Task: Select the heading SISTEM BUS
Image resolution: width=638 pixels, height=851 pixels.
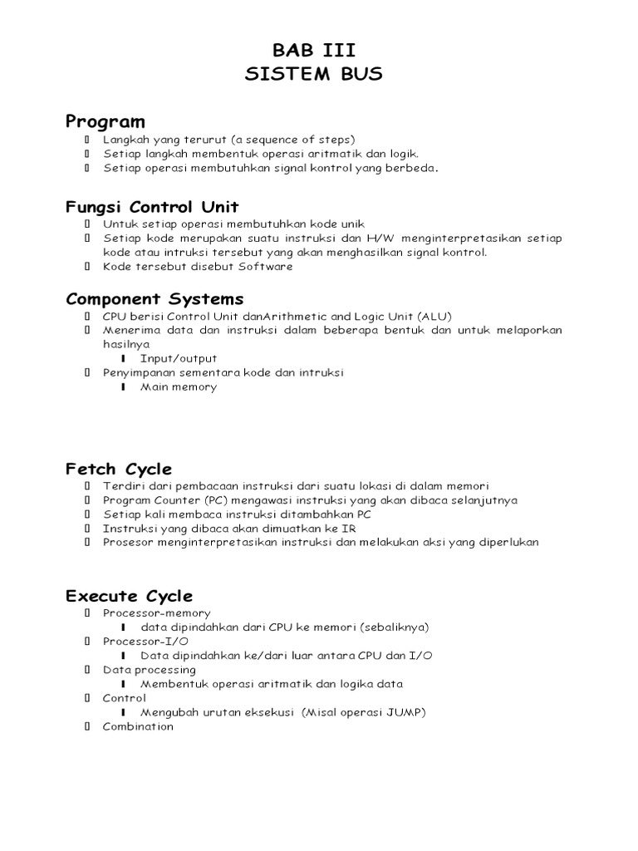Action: tap(314, 74)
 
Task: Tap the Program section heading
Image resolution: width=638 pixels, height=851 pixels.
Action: tap(106, 122)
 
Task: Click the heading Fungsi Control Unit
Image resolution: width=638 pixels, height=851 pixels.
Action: tap(153, 207)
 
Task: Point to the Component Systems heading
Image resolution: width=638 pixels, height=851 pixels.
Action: tap(155, 298)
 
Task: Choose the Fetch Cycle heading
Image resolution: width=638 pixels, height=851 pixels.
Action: tap(119, 469)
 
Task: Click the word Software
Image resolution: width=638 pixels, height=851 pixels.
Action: tap(266, 267)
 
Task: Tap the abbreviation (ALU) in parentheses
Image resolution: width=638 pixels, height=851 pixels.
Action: tap(436, 316)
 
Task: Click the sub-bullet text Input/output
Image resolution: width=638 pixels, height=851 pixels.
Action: tap(179, 358)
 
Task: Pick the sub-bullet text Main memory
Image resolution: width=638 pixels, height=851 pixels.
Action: tap(179, 386)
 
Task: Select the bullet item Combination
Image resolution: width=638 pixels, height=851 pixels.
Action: tap(138, 726)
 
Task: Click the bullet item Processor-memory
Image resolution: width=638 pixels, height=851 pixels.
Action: tap(157, 613)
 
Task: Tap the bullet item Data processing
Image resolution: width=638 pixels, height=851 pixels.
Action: tap(150, 670)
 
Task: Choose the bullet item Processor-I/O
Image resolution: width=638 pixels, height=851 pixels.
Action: tap(145, 642)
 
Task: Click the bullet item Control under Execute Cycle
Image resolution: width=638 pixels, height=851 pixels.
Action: tap(125, 698)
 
